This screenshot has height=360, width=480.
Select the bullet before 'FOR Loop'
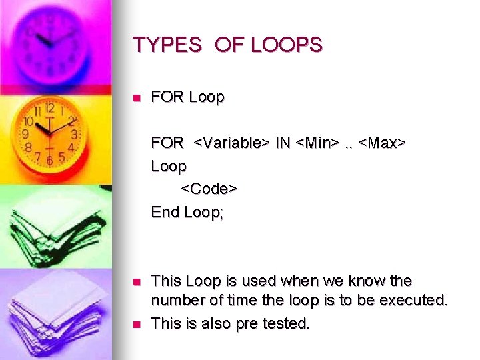[x=137, y=98]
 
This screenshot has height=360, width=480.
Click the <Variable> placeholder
[x=232, y=143]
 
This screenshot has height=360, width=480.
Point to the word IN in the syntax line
[x=283, y=143]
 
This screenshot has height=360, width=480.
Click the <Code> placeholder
[x=209, y=189]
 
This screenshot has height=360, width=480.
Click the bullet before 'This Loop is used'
[x=137, y=282]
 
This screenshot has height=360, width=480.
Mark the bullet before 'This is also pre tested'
[x=137, y=325]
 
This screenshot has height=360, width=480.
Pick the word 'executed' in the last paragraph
[x=413, y=301]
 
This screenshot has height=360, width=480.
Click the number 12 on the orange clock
[x=50, y=108]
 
